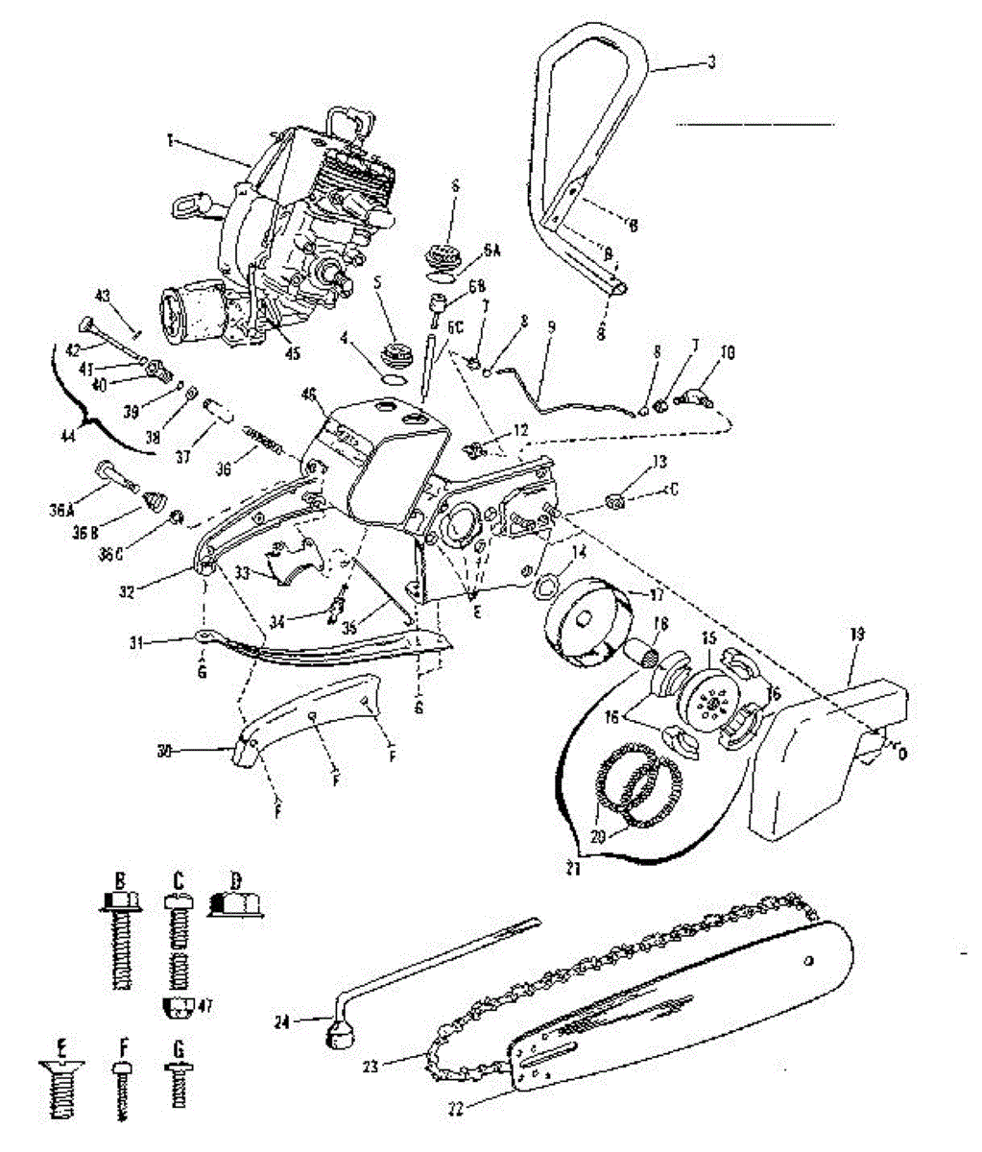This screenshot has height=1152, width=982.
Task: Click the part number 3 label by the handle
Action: [711, 63]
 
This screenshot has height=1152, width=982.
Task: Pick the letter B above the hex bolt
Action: [121, 878]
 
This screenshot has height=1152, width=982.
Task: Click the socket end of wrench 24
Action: [337, 1035]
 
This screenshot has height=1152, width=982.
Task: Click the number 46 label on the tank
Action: [309, 395]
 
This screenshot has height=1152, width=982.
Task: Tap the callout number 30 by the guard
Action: [164, 753]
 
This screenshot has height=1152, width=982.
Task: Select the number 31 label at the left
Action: [135, 643]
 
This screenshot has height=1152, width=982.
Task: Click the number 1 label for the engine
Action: [169, 140]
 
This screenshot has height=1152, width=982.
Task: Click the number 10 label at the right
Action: [729, 354]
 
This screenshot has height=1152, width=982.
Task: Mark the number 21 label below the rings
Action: [574, 869]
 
